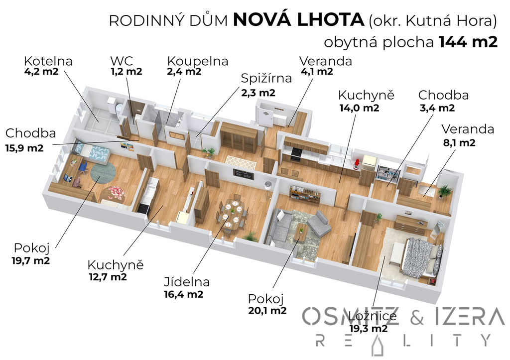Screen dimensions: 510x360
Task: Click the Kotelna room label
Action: pyautogui.click(x=48, y=61)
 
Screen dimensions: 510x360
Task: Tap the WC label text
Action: pyautogui.click(x=122, y=61)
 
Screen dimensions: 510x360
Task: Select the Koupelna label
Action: pyautogui.click(x=198, y=61)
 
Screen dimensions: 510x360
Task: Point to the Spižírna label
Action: pyautogui.click(x=266, y=78)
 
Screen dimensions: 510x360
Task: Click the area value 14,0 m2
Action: pyautogui.click(x=360, y=108)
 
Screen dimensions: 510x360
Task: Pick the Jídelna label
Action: pyautogui.click(x=187, y=282)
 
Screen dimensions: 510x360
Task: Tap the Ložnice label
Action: pyautogui.click(x=373, y=316)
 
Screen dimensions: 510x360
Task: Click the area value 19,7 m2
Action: pyautogui.click(x=31, y=260)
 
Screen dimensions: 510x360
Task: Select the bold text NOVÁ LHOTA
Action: pyautogui.click(x=299, y=20)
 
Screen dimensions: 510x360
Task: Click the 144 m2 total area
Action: pyautogui.click(x=468, y=42)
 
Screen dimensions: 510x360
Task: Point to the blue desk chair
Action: pyautogui.click(x=83, y=168)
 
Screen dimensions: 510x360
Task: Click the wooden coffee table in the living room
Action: pyautogui.click(x=301, y=233)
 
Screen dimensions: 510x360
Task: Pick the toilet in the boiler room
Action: pyautogui.click(x=118, y=108)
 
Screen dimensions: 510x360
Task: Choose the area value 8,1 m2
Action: pyautogui.click(x=459, y=143)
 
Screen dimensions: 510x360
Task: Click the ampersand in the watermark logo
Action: pyautogui.click(x=417, y=317)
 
